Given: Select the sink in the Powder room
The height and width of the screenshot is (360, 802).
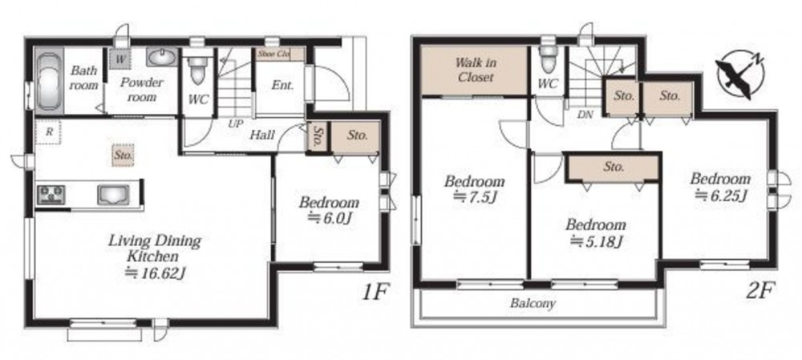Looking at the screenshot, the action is click(x=162, y=57).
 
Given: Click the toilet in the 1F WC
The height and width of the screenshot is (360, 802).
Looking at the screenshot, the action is click(x=197, y=71).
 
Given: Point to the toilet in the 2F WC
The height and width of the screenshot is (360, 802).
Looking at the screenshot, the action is click(x=549, y=58).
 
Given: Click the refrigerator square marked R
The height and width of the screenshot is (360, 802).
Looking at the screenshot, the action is click(x=49, y=132).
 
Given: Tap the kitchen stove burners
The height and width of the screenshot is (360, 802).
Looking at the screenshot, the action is click(x=51, y=195).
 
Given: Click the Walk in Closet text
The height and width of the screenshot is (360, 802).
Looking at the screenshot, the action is click(x=475, y=70).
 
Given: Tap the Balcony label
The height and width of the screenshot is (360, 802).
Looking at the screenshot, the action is click(x=533, y=303).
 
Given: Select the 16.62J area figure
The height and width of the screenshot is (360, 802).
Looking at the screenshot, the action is click(x=156, y=273).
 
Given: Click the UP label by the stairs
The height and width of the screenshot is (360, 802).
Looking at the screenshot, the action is click(x=236, y=124).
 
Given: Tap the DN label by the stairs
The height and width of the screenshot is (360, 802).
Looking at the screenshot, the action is click(x=585, y=115).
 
